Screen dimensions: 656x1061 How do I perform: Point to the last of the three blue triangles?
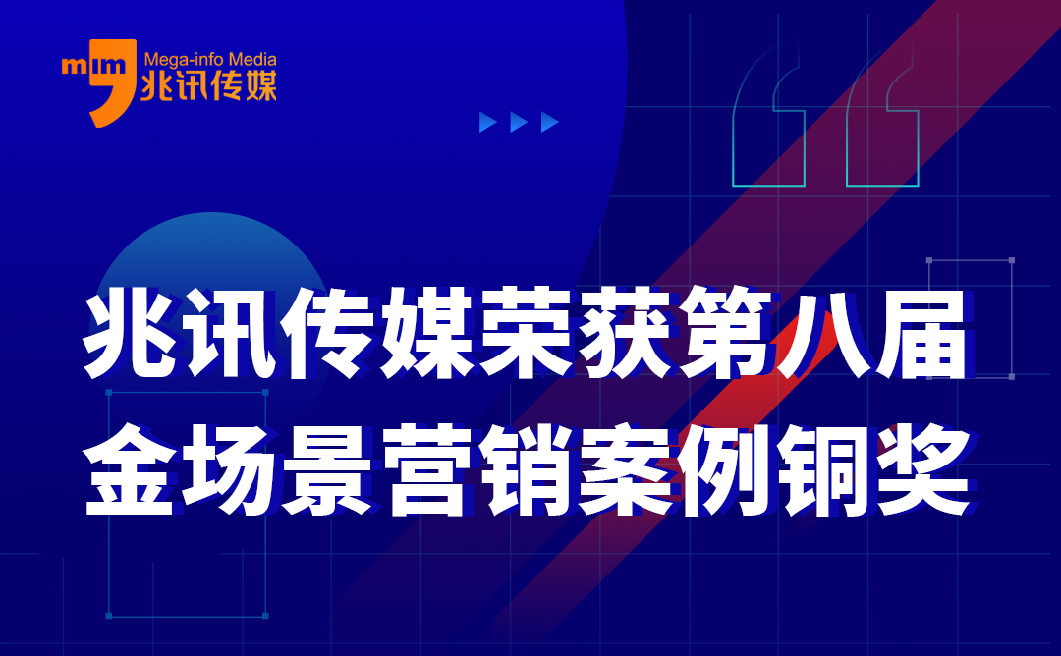550,122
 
